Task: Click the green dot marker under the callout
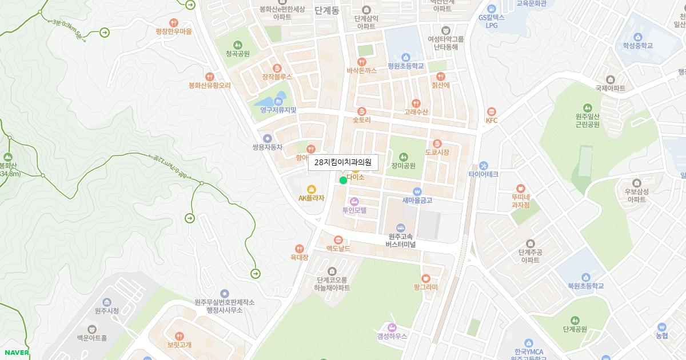(343, 181)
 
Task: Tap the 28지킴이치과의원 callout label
(343, 162)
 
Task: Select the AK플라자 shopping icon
(312, 189)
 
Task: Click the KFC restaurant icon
(492, 111)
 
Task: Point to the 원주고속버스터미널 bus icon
(400, 227)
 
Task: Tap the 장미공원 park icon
(404, 157)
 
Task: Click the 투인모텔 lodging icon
(354, 201)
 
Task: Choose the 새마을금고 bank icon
(417, 191)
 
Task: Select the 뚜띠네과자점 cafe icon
(520, 188)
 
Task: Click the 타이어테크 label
(484, 174)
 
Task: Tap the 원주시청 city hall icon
(107, 302)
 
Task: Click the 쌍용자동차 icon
(267, 138)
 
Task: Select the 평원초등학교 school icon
(406, 57)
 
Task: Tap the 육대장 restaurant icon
(299, 249)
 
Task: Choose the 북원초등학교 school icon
(586, 277)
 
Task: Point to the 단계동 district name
(327, 10)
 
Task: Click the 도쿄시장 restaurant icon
(437, 143)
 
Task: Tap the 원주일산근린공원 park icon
(587, 107)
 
